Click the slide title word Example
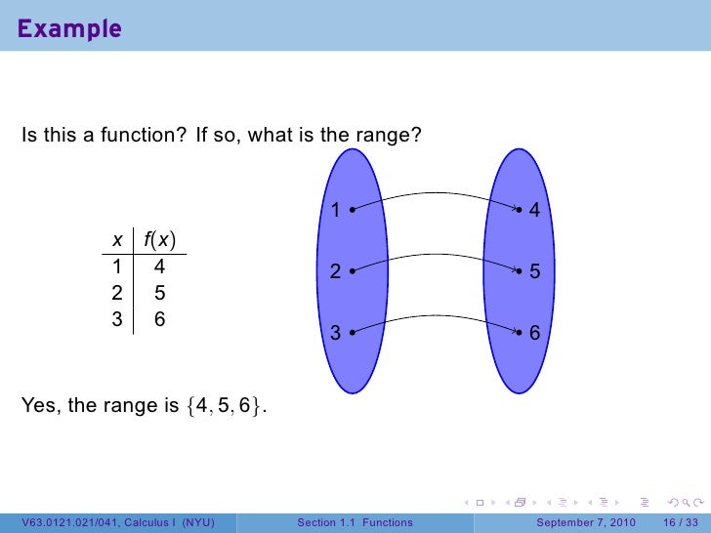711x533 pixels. tap(68, 28)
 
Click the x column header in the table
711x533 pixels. tap(117, 240)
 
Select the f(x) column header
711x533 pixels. tap(159, 240)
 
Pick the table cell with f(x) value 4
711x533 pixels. tap(159, 266)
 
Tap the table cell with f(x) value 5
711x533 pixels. tap(159, 292)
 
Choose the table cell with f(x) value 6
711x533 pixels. tap(159, 318)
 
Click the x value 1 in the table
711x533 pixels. tap(117, 266)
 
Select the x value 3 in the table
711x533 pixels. tap(117, 318)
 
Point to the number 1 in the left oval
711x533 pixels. tap(334, 211)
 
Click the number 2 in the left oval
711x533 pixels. tap(334, 273)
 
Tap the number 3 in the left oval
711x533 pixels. tap(334, 334)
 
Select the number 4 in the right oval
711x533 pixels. tap(534, 211)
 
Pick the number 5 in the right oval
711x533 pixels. tap(534, 273)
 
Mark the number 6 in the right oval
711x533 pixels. tap(534, 334)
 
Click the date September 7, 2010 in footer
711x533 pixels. tap(586, 522)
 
